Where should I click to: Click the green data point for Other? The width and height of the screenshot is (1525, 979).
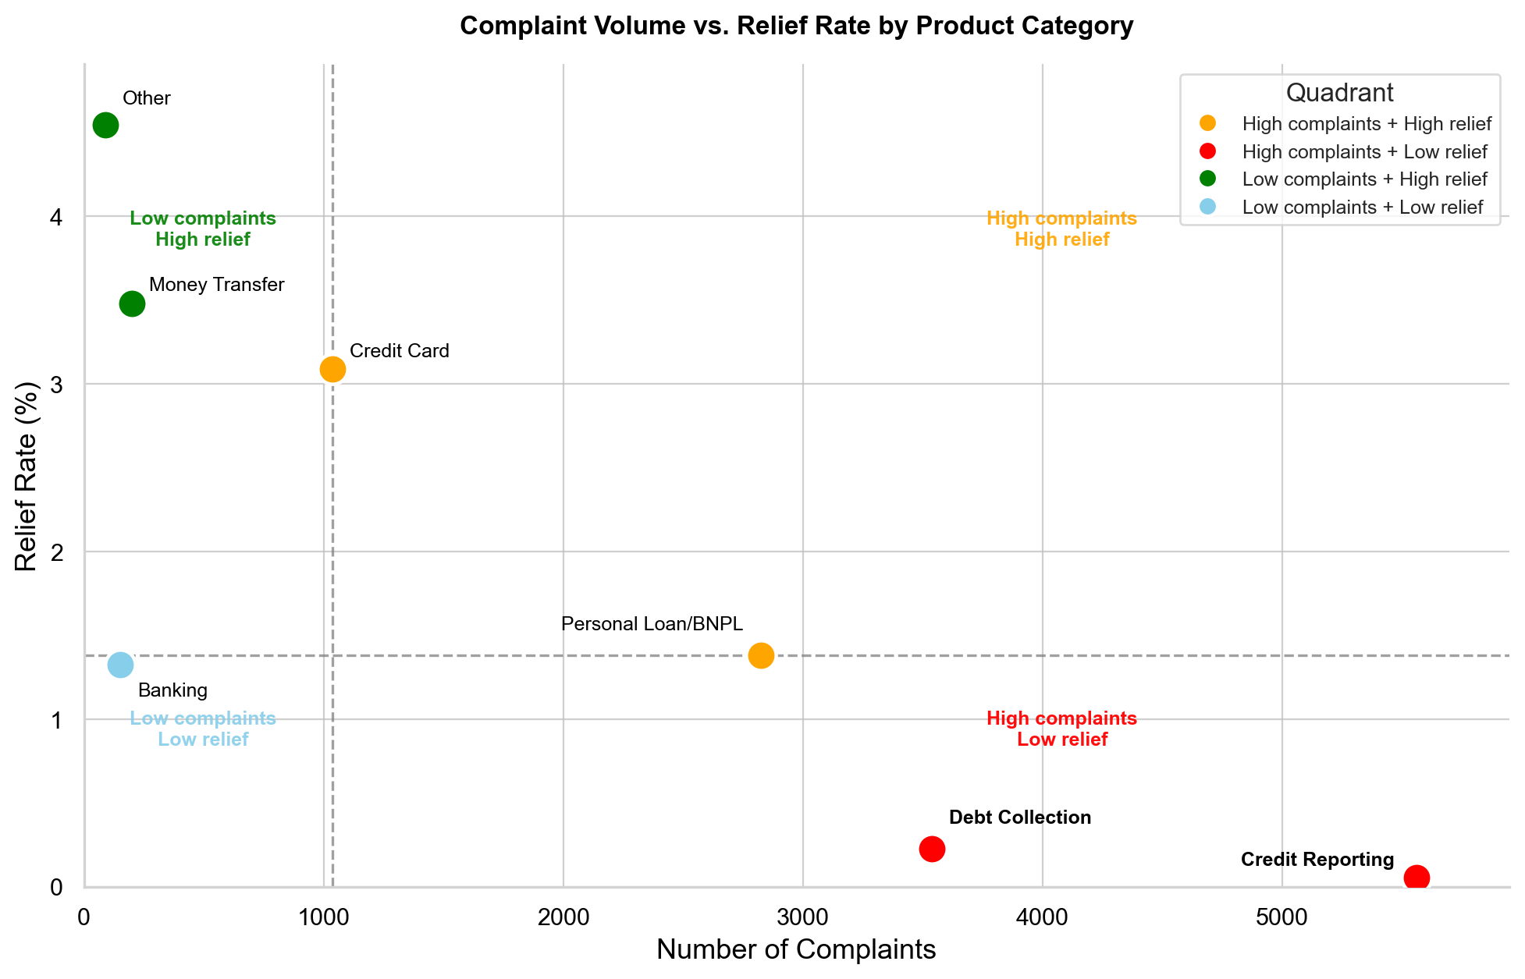[x=105, y=125]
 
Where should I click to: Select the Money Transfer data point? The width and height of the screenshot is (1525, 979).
[x=132, y=303]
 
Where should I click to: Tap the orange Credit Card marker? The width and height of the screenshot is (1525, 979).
[x=332, y=369]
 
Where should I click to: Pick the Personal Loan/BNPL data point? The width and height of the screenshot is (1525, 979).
[x=761, y=655]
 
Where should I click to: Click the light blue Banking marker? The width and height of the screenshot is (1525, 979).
[x=120, y=665]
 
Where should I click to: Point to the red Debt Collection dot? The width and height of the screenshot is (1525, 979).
[x=932, y=849]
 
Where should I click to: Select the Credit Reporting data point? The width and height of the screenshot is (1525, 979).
[x=1417, y=878]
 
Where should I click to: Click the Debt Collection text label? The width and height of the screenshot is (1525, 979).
[x=1019, y=818]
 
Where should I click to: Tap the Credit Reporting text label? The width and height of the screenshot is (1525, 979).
[x=1317, y=860]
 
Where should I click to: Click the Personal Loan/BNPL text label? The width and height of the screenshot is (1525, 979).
[x=652, y=624]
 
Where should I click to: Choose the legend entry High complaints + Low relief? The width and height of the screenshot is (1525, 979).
[x=1364, y=151]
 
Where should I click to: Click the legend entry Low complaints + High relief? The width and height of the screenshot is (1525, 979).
[x=1364, y=179]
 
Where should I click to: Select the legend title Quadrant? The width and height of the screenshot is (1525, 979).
[x=1339, y=93]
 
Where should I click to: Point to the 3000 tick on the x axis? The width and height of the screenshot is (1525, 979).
[x=802, y=917]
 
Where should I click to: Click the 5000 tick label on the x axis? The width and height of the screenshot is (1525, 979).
[x=1281, y=917]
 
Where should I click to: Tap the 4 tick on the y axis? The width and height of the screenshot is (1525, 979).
[x=55, y=217]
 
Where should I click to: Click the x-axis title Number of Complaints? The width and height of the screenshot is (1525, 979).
[x=796, y=949]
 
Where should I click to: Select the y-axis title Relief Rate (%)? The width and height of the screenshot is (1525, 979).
[x=27, y=476]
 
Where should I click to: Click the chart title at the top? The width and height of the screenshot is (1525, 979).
[x=796, y=26]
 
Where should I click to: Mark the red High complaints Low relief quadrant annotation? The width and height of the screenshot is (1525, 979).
[x=1061, y=729]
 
